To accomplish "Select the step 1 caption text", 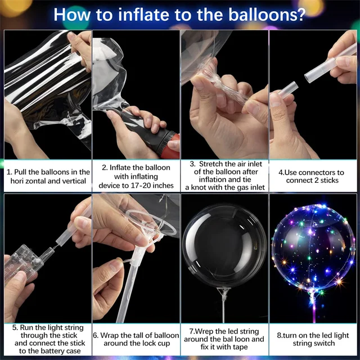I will point(48,176).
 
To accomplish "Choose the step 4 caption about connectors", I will point(315,176).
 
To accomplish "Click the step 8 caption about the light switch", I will point(314,339).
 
